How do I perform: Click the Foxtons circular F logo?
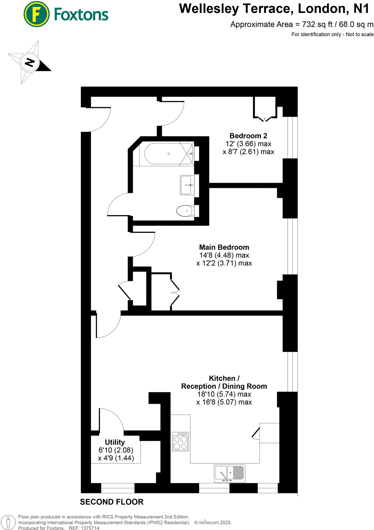tap(36, 14)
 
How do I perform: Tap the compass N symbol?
tap(30, 62)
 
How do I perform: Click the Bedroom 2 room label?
tap(248, 136)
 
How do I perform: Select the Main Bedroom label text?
tap(224, 247)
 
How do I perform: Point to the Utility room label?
tap(115, 442)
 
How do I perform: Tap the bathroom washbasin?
tap(187, 185)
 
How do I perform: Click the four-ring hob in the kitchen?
tap(181, 441)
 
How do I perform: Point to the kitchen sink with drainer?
tap(230, 473)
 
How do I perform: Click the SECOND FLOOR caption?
tap(112, 502)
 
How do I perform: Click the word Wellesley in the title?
tap(209, 9)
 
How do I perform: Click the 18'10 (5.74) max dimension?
tap(224, 394)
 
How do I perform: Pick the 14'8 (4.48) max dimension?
tap(224, 255)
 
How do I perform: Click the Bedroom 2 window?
tap(292, 137)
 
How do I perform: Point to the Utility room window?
tap(118, 488)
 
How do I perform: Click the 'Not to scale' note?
tap(360, 34)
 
